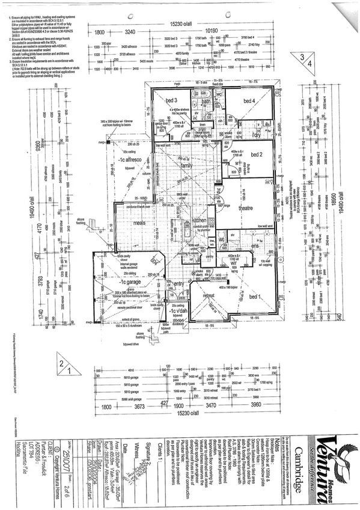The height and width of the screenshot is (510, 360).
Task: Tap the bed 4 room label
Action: [249, 100]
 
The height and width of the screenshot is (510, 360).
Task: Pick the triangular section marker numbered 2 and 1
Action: [64, 365]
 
